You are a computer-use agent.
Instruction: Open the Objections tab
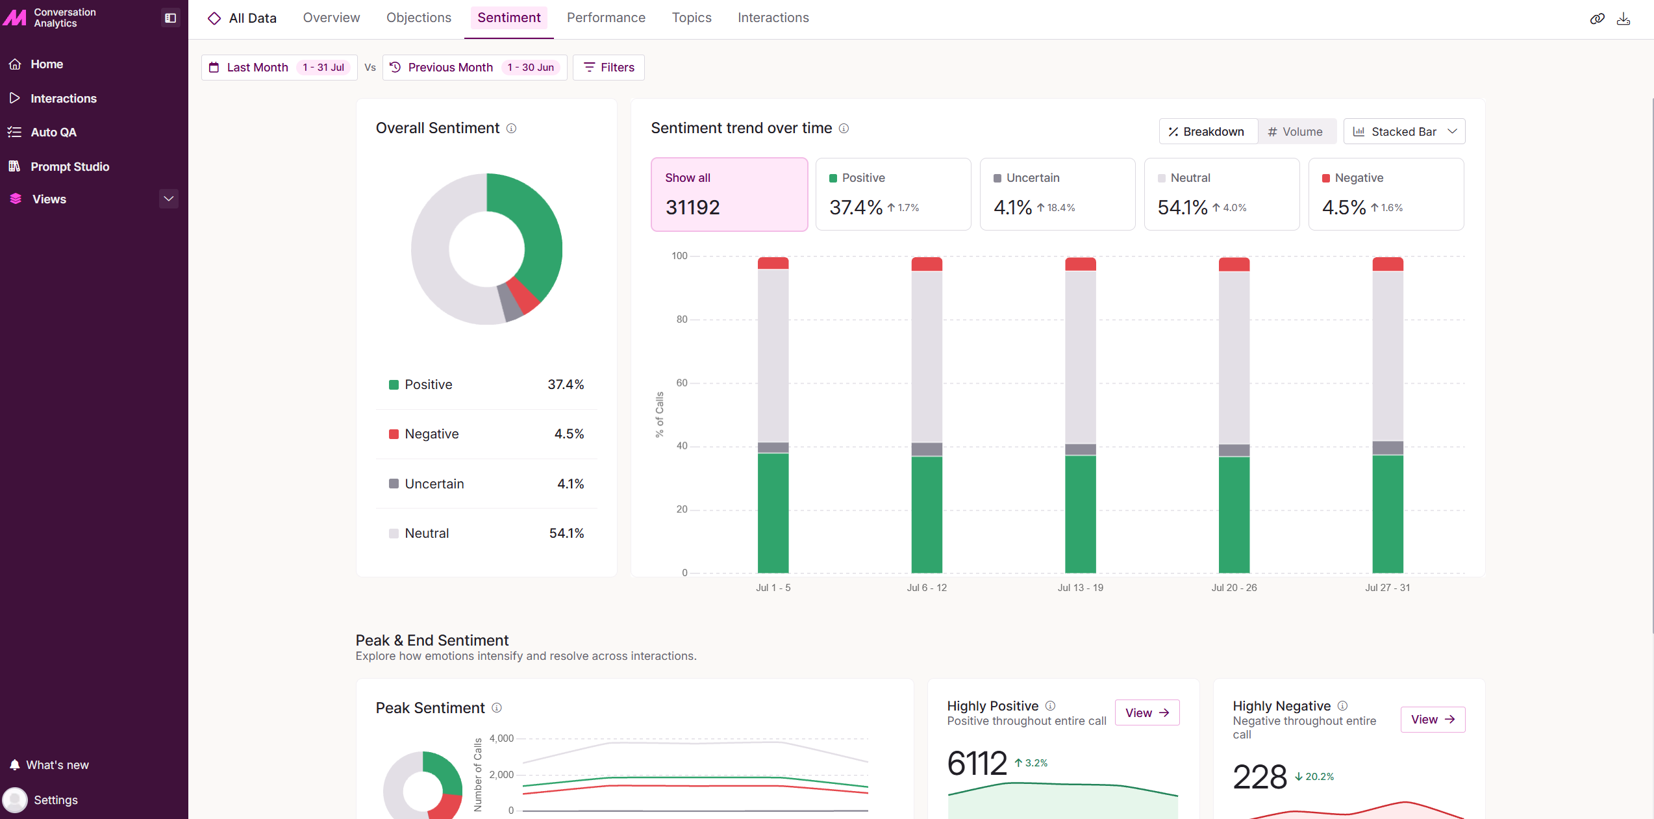coord(418,18)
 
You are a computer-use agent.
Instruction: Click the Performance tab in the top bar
coord(606,18)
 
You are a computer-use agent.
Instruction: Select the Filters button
coord(608,68)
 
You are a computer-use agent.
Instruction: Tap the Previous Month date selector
coord(475,68)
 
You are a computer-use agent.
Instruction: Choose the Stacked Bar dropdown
coord(1404,131)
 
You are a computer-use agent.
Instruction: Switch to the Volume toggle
coord(1296,131)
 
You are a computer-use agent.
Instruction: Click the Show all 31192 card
coord(729,194)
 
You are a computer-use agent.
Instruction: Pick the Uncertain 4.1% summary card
coord(1057,194)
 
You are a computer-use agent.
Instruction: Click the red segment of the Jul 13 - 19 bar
coord(1081,264)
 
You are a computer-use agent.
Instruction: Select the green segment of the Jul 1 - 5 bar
coord(773,513)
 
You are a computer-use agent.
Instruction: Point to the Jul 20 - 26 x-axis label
coord(1234,588)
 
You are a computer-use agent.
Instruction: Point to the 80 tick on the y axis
coord(681,320)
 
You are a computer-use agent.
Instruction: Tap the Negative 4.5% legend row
coord(486,434)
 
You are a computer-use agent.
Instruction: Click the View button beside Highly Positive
coord(1147,712)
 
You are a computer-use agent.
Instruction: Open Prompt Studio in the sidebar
coord(69,166)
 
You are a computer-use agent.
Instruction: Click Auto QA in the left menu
coord(53,132)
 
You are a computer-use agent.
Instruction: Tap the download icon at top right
coord(1623,19)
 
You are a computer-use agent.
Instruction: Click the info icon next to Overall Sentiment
coord(511,129)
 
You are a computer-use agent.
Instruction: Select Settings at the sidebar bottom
coord(55,800)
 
